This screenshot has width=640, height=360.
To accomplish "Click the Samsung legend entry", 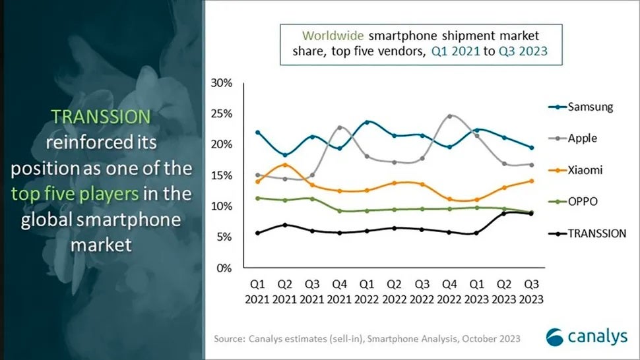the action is (581, 107).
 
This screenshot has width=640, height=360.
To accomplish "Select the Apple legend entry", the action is (573, 138).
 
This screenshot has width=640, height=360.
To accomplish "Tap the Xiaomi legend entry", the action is (575, 169).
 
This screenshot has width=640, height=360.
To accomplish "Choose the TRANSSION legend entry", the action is (587, 233).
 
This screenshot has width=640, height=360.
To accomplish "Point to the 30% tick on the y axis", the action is (222, 83).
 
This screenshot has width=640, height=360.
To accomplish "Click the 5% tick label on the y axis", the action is (224, 237).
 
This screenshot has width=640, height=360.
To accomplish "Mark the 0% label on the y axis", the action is (224, 268).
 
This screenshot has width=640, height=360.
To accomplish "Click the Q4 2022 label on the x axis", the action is (449, 291).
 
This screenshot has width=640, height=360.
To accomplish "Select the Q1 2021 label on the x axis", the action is (257, 291).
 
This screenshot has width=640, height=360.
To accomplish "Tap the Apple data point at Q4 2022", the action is (450, 116).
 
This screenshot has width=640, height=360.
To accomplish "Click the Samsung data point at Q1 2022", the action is (367, 122).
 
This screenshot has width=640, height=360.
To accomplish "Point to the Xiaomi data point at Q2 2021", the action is (285, 165).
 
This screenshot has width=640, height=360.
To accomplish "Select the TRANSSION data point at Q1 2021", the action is (257, 233).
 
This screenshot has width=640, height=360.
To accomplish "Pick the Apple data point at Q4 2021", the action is (340, 128).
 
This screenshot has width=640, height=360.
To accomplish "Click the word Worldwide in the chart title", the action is (333, 36).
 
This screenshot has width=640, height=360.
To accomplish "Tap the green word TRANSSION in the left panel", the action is (101, 117).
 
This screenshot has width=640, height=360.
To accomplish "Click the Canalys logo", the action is (587, 337).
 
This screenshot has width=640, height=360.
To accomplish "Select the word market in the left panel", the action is (101, 245).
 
